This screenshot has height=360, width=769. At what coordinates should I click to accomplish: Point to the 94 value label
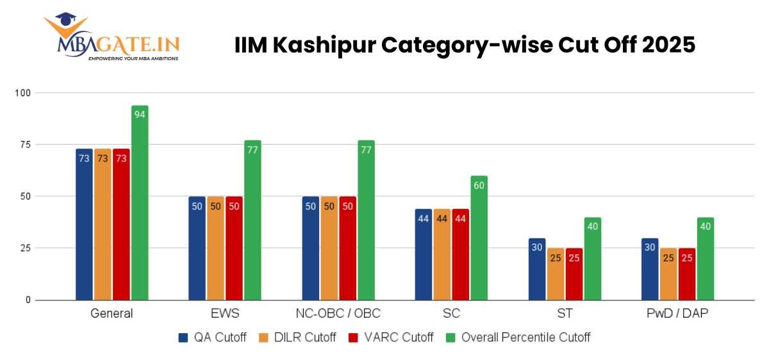click(140, 114)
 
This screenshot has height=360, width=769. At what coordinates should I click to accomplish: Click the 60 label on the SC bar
click(479, 184)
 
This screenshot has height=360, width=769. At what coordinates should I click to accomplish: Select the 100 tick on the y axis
click(24, 93)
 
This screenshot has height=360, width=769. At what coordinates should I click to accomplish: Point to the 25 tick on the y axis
click(26, 248)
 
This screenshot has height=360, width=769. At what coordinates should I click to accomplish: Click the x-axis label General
click(112, 314)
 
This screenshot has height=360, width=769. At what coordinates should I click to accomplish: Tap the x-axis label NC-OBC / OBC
click(338, 314)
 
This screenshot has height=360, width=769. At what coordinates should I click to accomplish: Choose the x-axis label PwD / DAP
click(678, 314)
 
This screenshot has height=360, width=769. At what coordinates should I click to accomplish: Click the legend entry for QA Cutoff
click(211, 337)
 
